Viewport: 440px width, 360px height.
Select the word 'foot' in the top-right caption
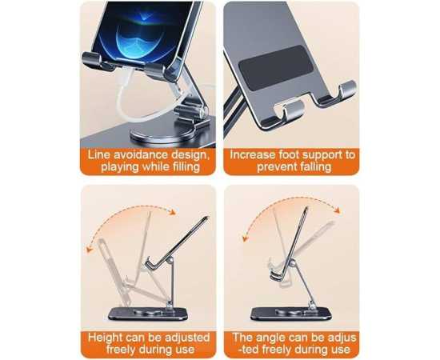tap(290, 155)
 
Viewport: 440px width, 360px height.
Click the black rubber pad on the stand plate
tap(275, 68)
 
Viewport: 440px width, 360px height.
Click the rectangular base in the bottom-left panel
tap(148, 314)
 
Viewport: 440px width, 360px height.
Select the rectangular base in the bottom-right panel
tap(291, 314)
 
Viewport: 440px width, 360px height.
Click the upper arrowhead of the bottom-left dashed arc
tap(172, 211)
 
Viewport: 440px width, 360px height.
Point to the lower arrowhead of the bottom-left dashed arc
tap(90, 250)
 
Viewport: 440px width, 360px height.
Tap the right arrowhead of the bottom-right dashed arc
tap(337, 210)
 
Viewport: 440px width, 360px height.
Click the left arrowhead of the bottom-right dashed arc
tap(246, 238)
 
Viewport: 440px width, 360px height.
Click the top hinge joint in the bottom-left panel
tap(170, 262)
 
